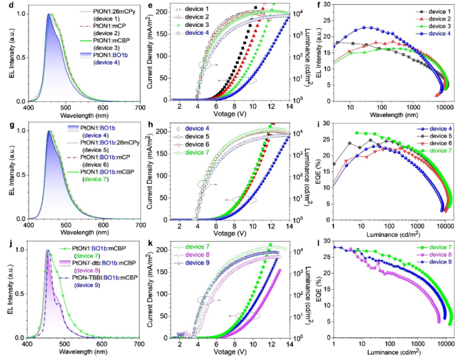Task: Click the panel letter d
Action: [x=5, y=6]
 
